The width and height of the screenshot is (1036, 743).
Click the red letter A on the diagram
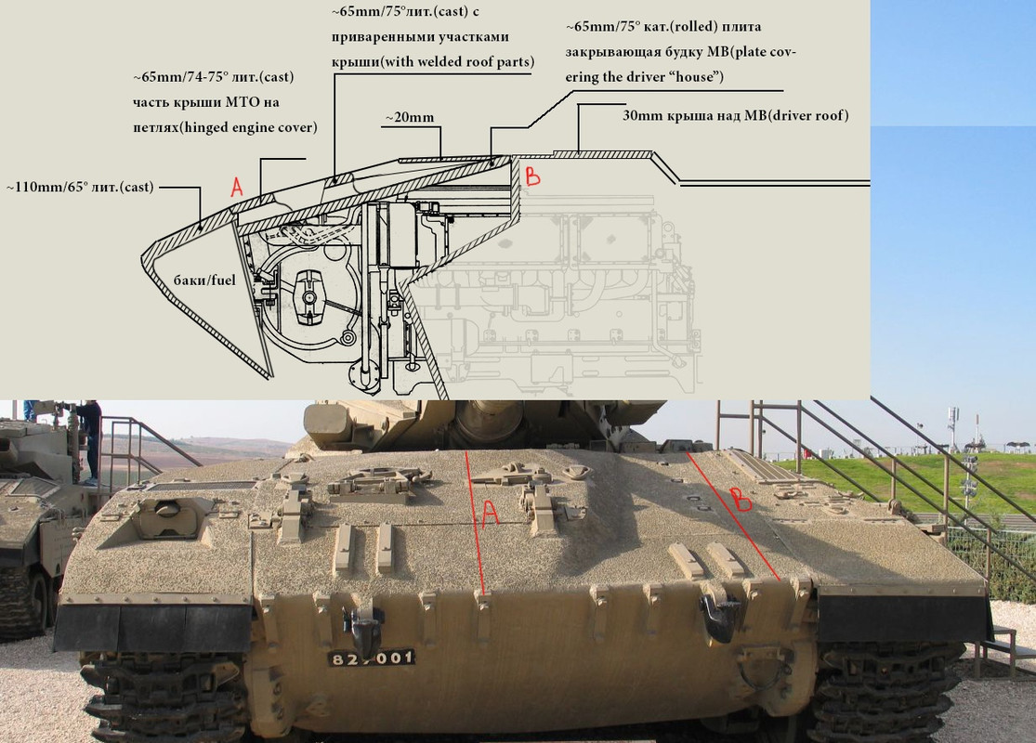click(237, 187)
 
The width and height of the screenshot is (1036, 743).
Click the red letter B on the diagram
click(532, 176)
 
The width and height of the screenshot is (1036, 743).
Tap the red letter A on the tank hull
click(490, 514)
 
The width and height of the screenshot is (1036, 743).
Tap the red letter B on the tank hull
click(741, 500)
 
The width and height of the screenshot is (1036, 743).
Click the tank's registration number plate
click(372, 658)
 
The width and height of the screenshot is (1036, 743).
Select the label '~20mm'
click(410, 118)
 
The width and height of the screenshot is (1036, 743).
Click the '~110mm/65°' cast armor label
click(80, 187)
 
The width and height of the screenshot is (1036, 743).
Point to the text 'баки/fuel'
click(204, 280)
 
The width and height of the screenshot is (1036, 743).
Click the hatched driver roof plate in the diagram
click(601, 154)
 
